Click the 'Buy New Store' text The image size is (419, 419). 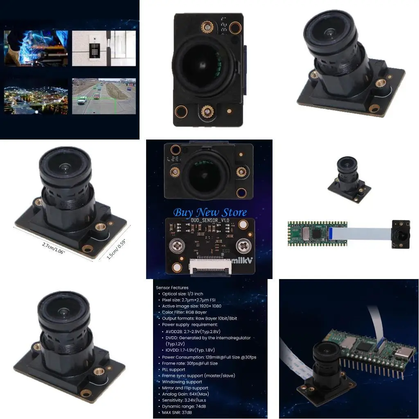point(210,213)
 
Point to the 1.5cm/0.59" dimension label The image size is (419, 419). point(116,250)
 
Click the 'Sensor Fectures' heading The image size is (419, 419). point(172,288)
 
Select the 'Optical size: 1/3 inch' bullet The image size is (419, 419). point(182,294)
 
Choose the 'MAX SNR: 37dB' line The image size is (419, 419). point(180,412)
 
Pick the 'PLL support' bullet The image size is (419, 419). point(173,369)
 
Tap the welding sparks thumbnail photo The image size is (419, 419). point(36,48)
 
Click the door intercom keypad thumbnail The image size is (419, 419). point(104,48)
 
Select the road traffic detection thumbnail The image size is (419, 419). point(104,96)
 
